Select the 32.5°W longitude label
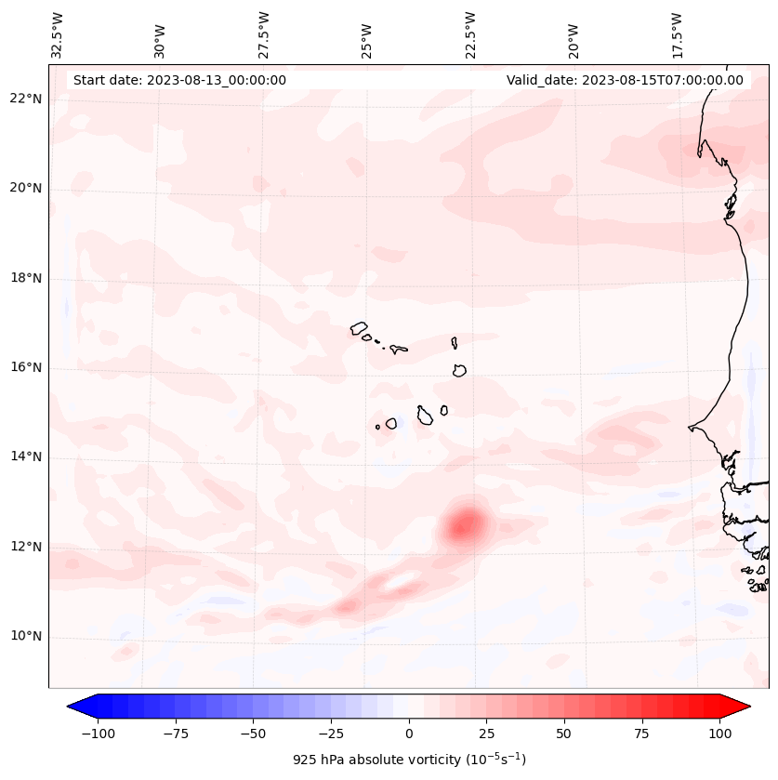(58, 34)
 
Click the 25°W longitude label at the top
(367, 36)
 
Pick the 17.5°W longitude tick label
(677, 34)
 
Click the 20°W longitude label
(574, 36)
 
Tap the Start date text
(179, 80)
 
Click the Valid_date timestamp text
(625, 80)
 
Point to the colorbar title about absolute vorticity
(409, 760)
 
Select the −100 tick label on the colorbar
(98, 734)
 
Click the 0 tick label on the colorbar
(409, 734)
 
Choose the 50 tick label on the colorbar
(564, 734)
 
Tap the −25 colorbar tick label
(331, 734)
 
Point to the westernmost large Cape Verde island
(360, 328)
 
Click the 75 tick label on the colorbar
(642, 734)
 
